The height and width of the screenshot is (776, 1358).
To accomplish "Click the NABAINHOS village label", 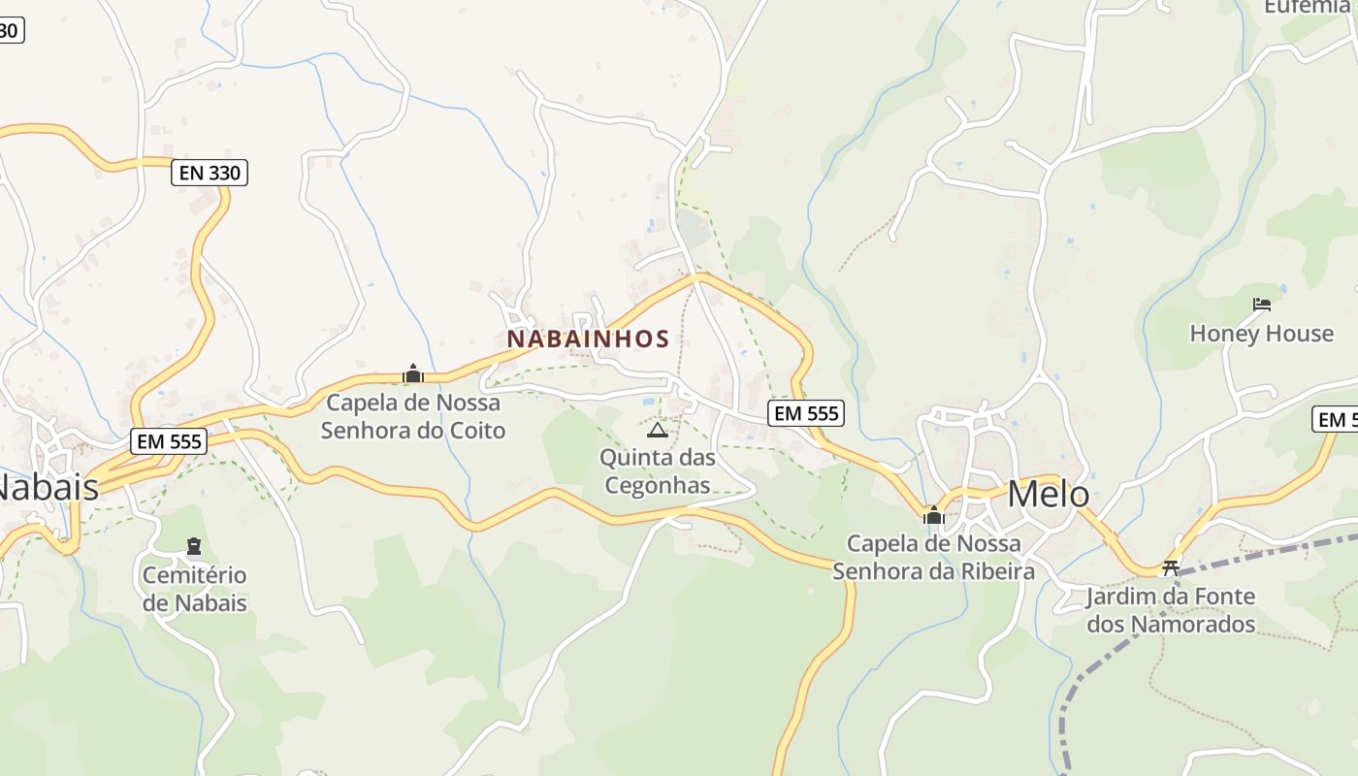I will [588, 339].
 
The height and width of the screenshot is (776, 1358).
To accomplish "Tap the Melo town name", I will [1048, 494].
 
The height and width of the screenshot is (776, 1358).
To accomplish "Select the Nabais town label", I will [47, 487].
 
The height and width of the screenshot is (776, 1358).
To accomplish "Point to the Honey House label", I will [1261, 334].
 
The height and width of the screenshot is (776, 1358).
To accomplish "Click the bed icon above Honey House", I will [1261, 305].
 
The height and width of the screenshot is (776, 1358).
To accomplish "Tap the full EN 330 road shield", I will [210, 174].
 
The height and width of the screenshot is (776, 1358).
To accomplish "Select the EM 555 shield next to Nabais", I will [170, 441].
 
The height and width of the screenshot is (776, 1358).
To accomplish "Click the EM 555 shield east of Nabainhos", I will [806, 413].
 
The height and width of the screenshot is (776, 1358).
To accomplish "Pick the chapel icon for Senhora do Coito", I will [413, 373].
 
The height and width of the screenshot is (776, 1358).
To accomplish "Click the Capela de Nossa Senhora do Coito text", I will [413, 416].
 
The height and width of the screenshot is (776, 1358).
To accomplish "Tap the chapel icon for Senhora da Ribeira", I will [934, 515].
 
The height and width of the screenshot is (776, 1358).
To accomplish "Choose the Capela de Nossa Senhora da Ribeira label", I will [934, 557].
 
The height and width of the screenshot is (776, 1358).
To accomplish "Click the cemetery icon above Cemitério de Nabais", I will [194, 546].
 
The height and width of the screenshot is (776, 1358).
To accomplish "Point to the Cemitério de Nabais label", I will [195, 589].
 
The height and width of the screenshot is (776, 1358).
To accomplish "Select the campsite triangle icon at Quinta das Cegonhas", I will [657, 430].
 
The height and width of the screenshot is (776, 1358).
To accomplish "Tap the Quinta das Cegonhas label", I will [658, 470].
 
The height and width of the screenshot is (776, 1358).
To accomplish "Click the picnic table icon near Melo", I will [1171, 567].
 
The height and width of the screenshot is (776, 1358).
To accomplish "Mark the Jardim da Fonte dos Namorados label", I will [1171, 610].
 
